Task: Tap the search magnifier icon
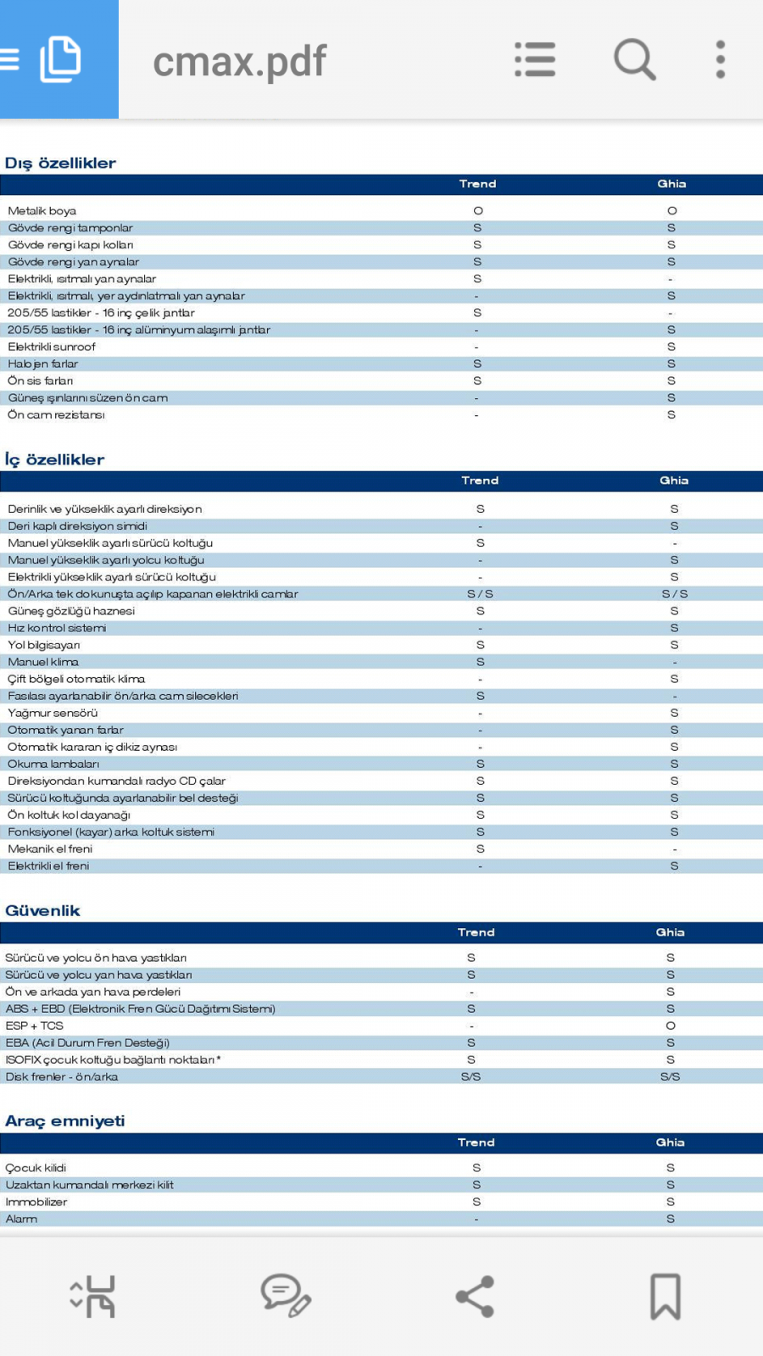pos(635,59)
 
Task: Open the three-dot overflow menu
pos(720,59)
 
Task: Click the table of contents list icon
pos(535,59)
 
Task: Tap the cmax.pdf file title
pos(239,61)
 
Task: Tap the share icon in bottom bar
pos(475,1297)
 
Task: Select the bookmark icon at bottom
pos(666,1297)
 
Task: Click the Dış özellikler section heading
pos(60,163)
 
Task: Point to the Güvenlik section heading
pos(42,910)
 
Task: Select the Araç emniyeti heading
pos(64,1120)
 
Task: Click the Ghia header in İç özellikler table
pos(674,481)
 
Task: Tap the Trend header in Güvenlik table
pos(476,932)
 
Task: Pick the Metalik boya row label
pos(42,211)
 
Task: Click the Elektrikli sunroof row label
pos(52,347)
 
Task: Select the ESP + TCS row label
pos(35,1025)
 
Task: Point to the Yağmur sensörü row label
pos(53,713)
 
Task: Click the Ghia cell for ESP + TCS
pos(670,1025)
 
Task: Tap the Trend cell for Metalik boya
pos(477,211)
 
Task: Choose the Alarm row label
pos(22,1219)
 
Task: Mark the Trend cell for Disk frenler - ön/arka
pos(471,1076)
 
